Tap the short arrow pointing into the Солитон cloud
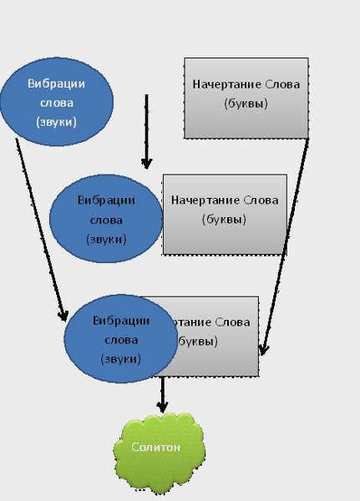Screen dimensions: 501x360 (163, 396)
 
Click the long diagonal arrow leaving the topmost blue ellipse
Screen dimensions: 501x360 (40, 230)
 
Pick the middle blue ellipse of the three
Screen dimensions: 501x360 (105, 219)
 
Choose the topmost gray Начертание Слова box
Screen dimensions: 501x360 (246, 98)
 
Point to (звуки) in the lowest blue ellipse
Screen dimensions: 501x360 (121, 358)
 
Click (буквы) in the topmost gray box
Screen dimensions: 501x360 (246, 104)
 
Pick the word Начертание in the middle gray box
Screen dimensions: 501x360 (205, 201)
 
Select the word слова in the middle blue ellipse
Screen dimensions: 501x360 (105, 220)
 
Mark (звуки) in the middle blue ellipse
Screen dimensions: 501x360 (105, 238)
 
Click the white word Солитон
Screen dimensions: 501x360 (155, 447)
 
